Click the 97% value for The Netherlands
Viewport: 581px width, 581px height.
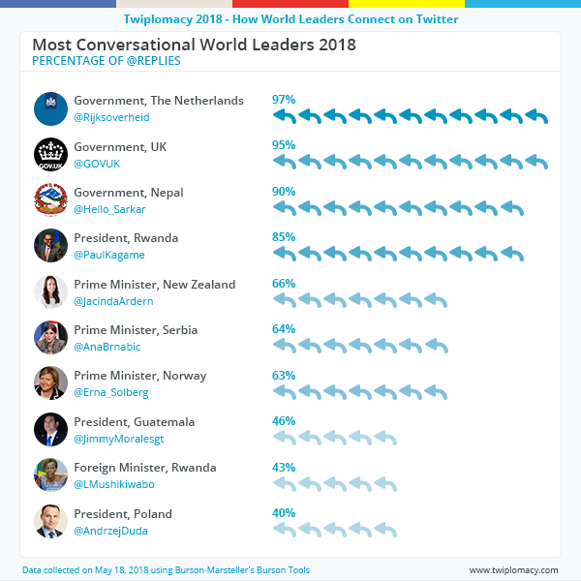click(284, 100)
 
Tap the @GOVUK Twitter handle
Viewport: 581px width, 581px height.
click(96, 164)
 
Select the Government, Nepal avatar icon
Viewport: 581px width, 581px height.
click(50, 200)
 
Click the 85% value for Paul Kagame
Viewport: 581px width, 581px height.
click(284, 237)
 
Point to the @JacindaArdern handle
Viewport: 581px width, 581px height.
click(113, 301)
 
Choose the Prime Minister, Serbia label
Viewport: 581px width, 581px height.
click(136, 330)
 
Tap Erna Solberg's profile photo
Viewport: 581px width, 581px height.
click(50, 383)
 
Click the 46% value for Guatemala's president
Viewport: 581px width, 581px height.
click(284, 421)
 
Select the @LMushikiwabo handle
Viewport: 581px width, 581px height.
click(114, 484)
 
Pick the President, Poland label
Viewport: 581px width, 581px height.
click(123, 514)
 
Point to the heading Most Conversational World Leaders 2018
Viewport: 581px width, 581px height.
click(194, 45)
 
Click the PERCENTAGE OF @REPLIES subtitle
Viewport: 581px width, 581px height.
click(107, 61)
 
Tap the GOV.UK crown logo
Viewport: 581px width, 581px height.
click(50, 155)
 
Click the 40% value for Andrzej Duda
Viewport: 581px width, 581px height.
click(284, 513)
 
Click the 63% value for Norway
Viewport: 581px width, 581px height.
click(284, 375)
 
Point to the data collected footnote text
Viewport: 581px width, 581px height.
click(166, 570)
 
